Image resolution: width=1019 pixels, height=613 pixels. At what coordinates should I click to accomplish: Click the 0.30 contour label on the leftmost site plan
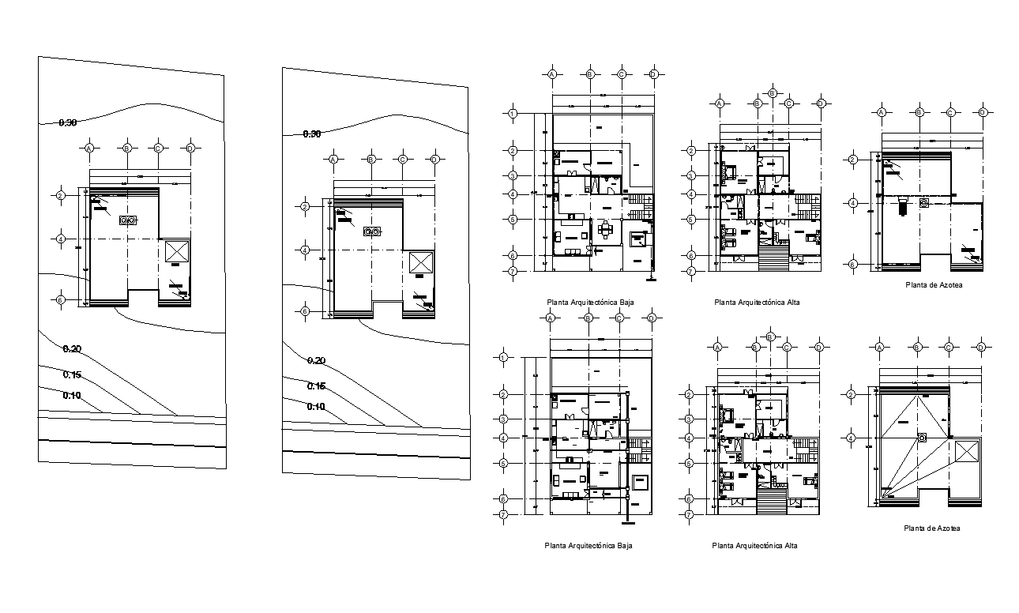69,122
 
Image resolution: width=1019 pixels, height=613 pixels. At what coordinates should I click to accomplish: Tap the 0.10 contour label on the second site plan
315,407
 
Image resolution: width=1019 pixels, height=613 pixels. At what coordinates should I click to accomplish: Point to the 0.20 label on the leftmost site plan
73,349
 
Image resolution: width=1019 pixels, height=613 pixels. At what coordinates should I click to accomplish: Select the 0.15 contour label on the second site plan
315,386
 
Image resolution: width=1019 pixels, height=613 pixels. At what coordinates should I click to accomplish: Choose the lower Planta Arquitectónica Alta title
754,545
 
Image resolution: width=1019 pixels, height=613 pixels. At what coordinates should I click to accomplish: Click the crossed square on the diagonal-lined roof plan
966,453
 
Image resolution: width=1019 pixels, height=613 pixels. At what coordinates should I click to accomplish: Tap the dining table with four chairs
605,230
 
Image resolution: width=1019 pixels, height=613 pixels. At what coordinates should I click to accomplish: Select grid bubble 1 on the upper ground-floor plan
513,114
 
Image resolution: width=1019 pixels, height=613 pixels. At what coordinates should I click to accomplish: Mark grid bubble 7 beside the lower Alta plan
690,514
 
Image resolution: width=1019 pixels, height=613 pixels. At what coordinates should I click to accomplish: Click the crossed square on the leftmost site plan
176,254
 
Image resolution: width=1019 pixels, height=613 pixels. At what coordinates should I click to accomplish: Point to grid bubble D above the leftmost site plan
190,148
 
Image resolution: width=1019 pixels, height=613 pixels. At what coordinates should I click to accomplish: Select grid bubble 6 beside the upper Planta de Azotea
853,265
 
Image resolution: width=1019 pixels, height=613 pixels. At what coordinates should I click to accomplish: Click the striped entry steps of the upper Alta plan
774,258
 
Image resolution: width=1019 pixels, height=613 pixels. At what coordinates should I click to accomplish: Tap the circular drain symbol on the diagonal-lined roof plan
921,438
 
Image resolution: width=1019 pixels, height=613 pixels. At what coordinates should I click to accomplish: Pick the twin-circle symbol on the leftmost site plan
126,220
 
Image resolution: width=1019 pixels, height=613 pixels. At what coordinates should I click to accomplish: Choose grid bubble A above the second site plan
333,159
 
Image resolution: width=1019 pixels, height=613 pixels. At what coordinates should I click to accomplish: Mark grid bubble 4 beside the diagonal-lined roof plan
852,438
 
